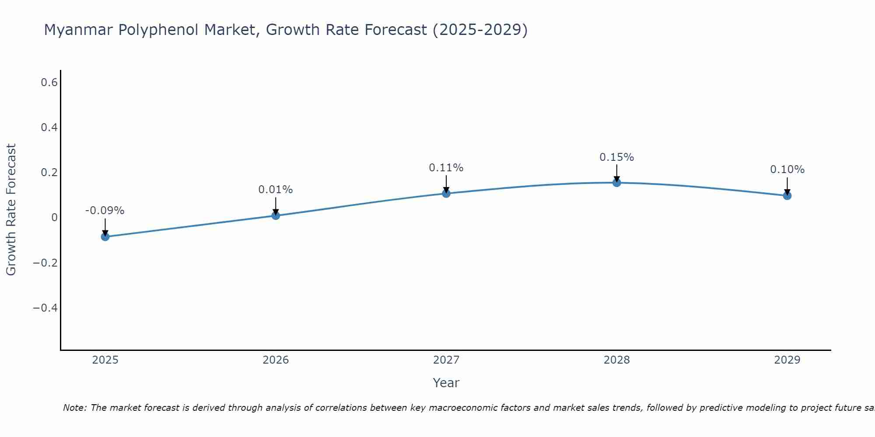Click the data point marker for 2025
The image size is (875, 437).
(x=105, y=237)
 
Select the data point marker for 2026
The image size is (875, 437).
(x=276, y=215)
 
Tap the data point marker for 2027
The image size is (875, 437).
(x=446, y=193)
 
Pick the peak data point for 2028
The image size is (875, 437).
(x=616, y=183)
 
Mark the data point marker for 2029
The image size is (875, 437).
(x=787, y=195)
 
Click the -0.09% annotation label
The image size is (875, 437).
(x=105, y=211)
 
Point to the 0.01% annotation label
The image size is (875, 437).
(x=276, y=190)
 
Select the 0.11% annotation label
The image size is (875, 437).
(x=446, y=168)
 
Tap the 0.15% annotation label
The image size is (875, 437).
(x=616, y=157)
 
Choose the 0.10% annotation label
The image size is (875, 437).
(x=787, y=170)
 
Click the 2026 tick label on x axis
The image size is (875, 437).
(x=276, y=360)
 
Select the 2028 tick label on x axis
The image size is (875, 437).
(x=616, y=360)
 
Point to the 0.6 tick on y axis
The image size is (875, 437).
(x=49, y=82)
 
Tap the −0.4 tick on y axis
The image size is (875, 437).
(x=45, y=308)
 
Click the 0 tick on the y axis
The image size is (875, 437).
(x=54, y=218)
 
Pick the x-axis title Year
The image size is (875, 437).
(x=446, y=383)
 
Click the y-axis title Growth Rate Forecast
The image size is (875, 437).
(x=11, y=210)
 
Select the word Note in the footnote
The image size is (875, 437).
(x=74, y=408)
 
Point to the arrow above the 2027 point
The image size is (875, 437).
(x=446, y=184)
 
